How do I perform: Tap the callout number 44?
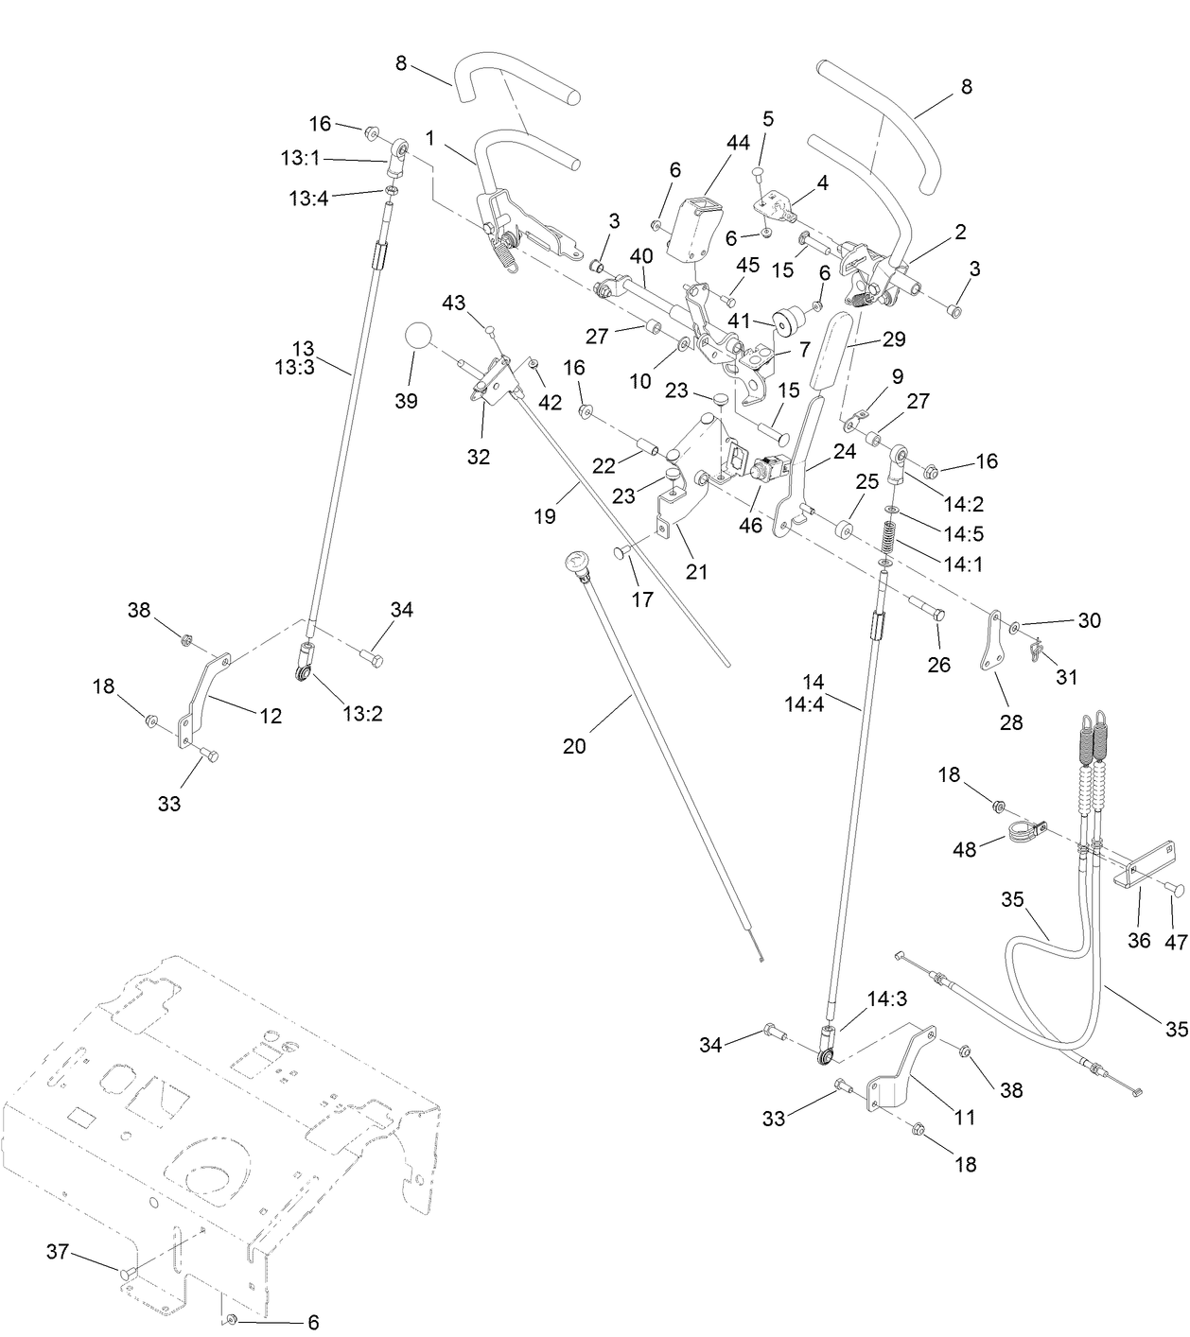(738, 142)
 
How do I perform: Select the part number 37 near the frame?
(58, 1252)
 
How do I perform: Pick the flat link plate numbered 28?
(992, 641)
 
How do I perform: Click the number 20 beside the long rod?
(574, 745)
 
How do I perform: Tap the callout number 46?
(750, 525)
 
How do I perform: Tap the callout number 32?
(479, 456)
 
